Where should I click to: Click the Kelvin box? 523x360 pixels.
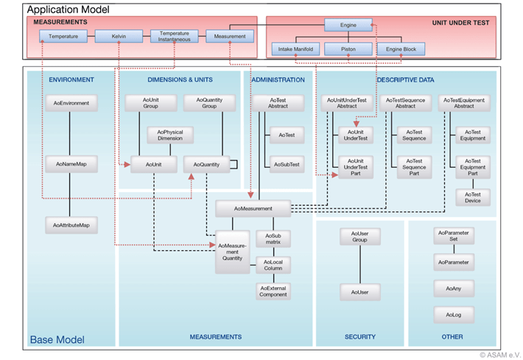click(120, 35)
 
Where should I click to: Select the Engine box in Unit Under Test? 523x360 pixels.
click(348, 26)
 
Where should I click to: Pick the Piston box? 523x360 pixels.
click(348, 50)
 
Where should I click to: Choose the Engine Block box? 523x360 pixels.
click(401, 50)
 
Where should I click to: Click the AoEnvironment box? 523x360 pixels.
click(71, 103)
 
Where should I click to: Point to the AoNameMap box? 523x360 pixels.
click(71, 163)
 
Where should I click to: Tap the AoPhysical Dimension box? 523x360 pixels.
click(170, 135)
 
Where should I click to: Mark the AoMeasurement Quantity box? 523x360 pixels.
click(233, 252)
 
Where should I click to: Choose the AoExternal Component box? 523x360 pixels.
click(273, 290)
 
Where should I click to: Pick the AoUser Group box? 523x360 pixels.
click(359, 236)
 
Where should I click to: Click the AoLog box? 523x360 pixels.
click(452, 315)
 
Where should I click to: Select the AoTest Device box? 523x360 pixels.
click(472, 197)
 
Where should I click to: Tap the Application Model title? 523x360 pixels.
click(69, 10)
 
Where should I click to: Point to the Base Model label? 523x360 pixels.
click(57, 339)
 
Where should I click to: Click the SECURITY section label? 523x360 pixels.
click(360, 336)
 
